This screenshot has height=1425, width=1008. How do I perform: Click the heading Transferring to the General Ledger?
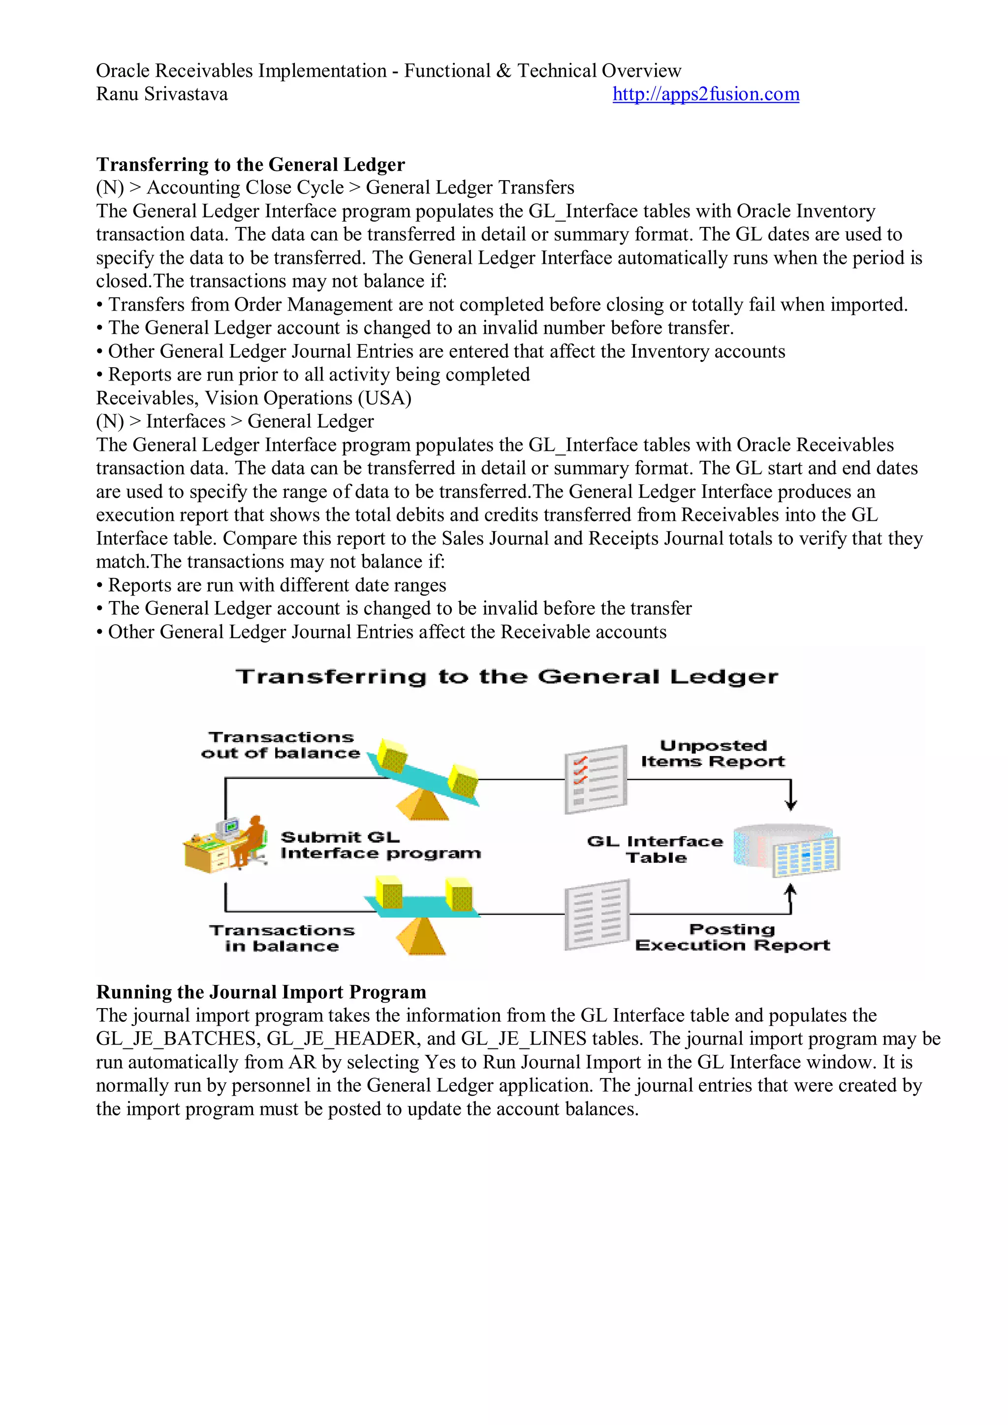point(250,164)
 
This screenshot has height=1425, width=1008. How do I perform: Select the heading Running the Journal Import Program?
point(261,992)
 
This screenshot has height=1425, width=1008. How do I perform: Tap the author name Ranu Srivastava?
point(161,95)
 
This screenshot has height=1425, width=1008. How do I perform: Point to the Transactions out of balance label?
point(281,745)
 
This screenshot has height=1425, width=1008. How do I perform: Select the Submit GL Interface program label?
point(379,845)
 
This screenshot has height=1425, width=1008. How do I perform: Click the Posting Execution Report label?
point(732,937)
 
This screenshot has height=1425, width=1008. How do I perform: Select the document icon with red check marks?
point(595,780)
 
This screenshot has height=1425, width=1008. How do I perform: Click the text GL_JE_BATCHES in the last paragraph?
point(178,1039)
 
